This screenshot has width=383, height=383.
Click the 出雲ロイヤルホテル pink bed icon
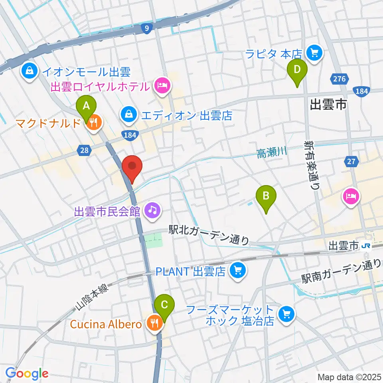pyautogui.click(x=162, y=86)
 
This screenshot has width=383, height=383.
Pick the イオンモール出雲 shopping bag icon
pyautogui.click(x=30, y=72)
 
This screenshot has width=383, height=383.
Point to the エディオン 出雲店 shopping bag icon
pyautogui.click(x=129, y=116)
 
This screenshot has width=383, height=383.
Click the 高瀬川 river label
pyautogui.click(x=272, y=151)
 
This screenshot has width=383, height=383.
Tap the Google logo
pyautogui.click(x=27, y=373)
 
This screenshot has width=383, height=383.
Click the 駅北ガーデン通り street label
pyautogui.click(x=209, y=235)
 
